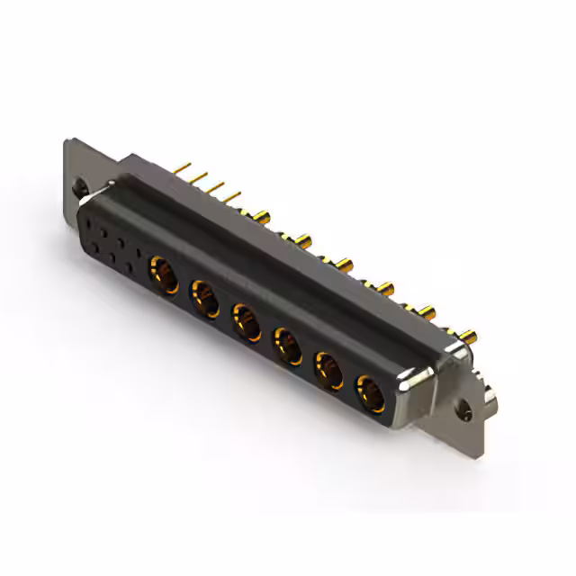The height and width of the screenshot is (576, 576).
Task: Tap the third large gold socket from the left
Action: (x=246, y=319)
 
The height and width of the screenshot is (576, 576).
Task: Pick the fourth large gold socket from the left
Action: (x=287, y=344)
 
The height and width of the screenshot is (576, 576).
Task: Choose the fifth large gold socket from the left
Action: (x=328, y=369)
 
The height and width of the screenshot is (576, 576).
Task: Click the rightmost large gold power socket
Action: (x=370, y=393)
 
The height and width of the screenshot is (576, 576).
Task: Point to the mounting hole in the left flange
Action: (x=80, y=190)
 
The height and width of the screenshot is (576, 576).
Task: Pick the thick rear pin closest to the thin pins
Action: (x=263, y=216)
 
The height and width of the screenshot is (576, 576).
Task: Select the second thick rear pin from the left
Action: (x=303, y=240)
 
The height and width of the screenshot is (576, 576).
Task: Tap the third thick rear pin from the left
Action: (x=345, y=265)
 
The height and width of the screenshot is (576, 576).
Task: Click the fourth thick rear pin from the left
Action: (x=386, y=289)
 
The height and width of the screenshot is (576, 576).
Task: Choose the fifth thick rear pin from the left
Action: (x=427, y=313)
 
